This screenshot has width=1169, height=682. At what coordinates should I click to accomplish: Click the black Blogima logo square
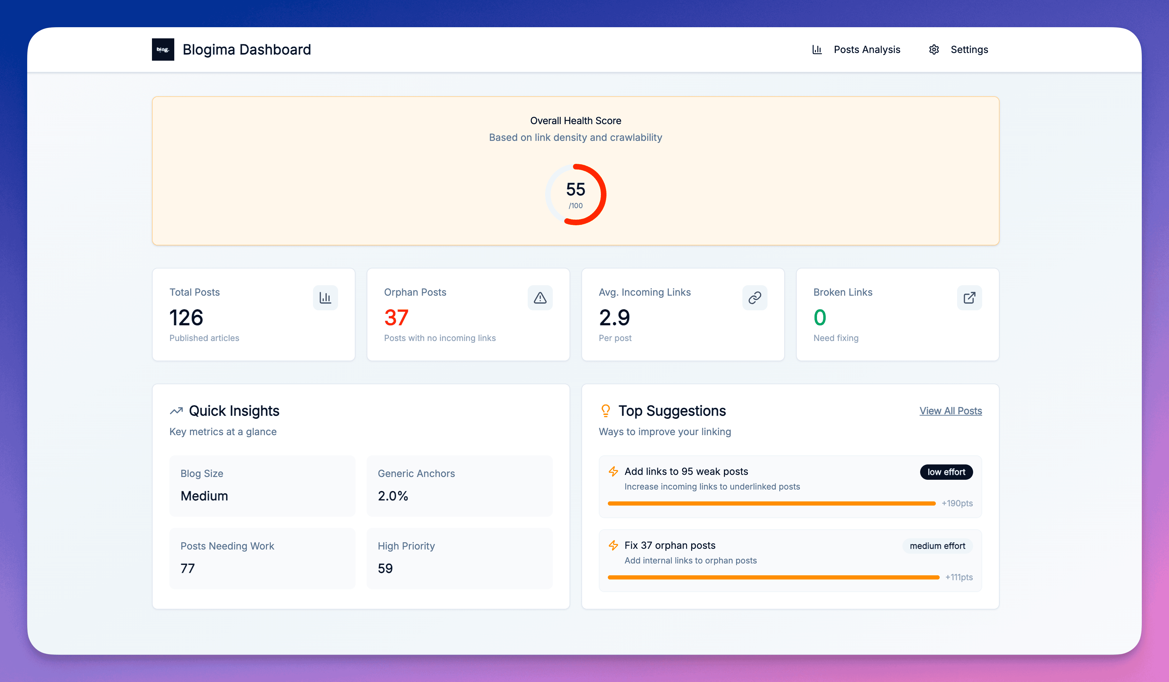tap(163, 49)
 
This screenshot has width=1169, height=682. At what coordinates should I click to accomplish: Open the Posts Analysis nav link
tap(866, 50)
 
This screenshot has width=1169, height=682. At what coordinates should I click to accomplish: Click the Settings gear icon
tap(934, 50)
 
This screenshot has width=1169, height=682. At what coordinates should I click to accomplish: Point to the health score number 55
tap(575, 189)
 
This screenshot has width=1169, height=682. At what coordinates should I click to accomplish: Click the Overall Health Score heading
tap(575, 121)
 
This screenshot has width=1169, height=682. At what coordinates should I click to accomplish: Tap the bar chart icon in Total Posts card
tap(325, 297)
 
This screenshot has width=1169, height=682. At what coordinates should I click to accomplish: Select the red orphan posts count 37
tap(396, 317)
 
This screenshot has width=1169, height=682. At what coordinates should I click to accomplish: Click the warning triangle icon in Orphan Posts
tap(540, 297)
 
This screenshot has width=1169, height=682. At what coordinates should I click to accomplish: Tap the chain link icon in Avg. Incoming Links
tap(754, 297)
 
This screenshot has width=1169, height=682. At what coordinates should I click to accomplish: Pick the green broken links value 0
tap(820, 317)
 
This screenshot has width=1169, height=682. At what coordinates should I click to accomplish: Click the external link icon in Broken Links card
tap(969, 297)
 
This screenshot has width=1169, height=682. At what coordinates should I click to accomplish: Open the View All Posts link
tap(950, 411)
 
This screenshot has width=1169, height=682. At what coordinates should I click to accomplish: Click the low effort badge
tap(946, 472)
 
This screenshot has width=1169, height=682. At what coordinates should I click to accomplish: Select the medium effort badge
tap(937, 546)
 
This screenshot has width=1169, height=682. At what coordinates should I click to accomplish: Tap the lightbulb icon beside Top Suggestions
tap(605, 411)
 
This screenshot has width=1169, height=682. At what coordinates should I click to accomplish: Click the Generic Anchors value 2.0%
tap(392, 495)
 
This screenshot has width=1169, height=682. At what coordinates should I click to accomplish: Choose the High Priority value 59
tap(385, 568)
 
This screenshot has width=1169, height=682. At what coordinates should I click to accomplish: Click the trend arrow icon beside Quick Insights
tap(176, 411)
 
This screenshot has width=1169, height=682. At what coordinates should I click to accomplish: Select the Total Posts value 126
tap(186, 317)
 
